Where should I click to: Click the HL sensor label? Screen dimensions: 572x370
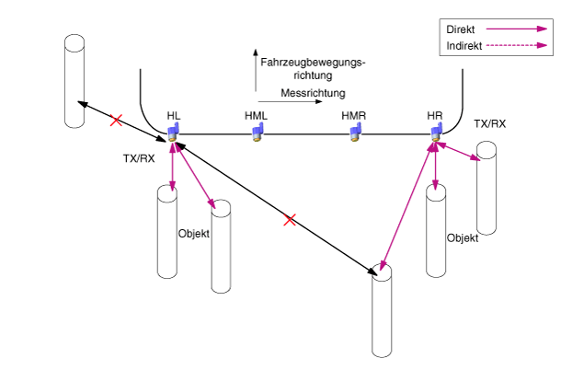[174, 116]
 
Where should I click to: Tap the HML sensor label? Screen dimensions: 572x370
[256, 116]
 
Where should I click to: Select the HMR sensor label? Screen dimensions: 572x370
[353, 116]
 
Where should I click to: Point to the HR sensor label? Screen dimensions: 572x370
[435, 116]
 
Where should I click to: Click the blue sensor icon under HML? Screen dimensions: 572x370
[257, 133]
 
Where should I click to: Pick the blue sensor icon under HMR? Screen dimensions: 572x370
[355, 133]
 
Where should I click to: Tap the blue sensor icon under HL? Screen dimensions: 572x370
[173, 133]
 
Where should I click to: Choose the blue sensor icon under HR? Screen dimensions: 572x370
[436, 133]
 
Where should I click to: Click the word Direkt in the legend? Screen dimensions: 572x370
[461, 29]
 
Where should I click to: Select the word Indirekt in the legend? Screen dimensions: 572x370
[464, 46]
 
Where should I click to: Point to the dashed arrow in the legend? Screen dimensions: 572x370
[517, 46]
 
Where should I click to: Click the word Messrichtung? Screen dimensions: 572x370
[313, 93]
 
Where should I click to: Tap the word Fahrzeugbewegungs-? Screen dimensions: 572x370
[313, 63]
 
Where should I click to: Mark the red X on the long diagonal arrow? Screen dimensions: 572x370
[290, 220]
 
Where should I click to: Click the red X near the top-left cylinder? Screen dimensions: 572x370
[116, 121]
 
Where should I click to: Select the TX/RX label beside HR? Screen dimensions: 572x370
[490, 124]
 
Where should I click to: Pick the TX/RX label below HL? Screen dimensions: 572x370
[139, 158]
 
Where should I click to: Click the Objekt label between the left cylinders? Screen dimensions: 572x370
[194, 234]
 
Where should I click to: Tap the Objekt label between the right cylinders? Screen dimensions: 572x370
[463, 238]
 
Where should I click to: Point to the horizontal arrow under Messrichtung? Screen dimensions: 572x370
[290, 101]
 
